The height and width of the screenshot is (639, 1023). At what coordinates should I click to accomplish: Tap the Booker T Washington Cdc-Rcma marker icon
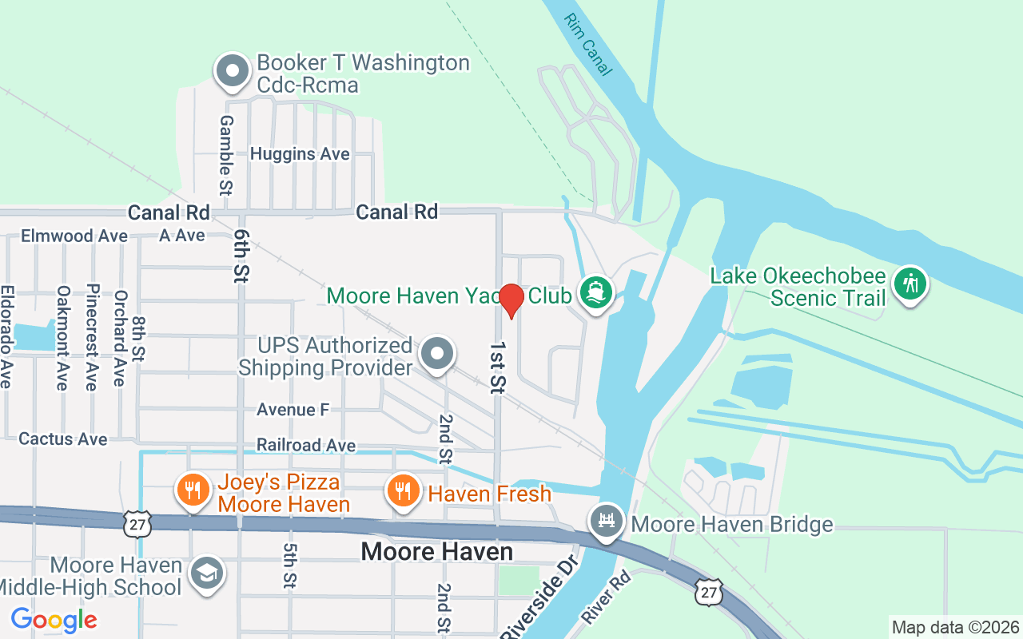coord(232,70)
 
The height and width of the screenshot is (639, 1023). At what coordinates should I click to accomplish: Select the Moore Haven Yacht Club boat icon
coord(595,292)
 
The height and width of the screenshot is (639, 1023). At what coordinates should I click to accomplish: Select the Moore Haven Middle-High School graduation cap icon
coord(207,574)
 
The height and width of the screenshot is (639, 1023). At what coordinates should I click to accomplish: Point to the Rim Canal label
coord(587,45)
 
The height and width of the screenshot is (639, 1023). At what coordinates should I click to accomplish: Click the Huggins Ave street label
coord(300,153)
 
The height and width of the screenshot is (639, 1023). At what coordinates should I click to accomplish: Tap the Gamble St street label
coord(226,155)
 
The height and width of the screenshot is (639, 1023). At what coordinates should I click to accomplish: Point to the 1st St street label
coord(497,367)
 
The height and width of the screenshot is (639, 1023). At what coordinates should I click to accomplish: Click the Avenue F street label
coord(293,410)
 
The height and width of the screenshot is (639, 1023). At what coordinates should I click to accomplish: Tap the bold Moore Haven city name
coord(436,552)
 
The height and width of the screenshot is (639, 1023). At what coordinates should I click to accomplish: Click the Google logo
coord(54,619)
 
